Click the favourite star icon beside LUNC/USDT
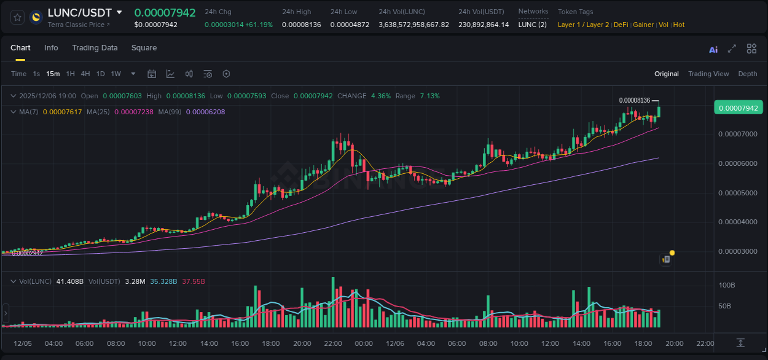pos(17,17)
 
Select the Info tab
pos(51,48)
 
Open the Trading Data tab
pos(95,48)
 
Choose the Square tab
pos(144,48)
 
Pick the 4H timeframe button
pos(85,74)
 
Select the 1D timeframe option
pos(100,74)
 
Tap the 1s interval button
pos(36,74)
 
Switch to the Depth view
pos(747,74)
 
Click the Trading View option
pos(708,74)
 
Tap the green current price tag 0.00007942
pos(738,108)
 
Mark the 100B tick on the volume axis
pos(727,285)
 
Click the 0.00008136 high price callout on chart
pos(634,100)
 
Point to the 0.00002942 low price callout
pos(28,253)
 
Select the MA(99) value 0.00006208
pos(205,112)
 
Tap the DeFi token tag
pos(621,25)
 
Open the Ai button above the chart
pos(713,50)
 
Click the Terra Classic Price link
pos(78,25)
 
